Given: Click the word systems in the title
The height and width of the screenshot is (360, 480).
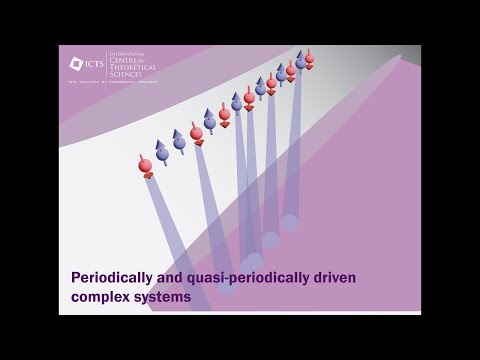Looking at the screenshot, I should pos(163,297).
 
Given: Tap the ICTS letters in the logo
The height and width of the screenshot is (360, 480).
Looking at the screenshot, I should pos(93,64).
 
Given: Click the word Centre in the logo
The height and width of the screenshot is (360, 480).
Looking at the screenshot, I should pos(124,62).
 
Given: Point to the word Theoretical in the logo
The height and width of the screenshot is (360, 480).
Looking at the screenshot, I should pos(132,69).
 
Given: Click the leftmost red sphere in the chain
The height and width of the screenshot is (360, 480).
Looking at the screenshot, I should pos(146,164).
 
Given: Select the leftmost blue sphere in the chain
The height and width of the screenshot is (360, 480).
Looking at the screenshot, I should pos(162,153).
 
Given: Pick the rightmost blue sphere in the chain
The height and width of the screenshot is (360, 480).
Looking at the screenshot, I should pos(300,62).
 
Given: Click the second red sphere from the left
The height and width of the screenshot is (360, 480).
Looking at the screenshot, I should pos(197,133).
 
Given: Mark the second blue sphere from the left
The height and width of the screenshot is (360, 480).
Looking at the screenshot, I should pos(179,142).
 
